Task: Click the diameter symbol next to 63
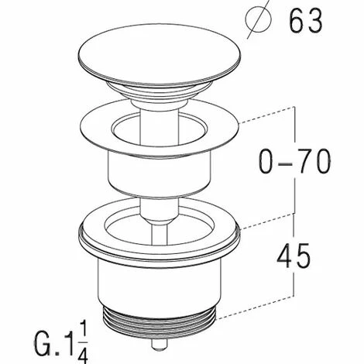[x=259, y=20]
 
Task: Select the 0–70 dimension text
[x=294, y=161]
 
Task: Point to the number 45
[x=294, y=256]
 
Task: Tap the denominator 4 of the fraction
[x=83, y=354]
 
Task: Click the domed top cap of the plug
[x=160, y=55]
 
